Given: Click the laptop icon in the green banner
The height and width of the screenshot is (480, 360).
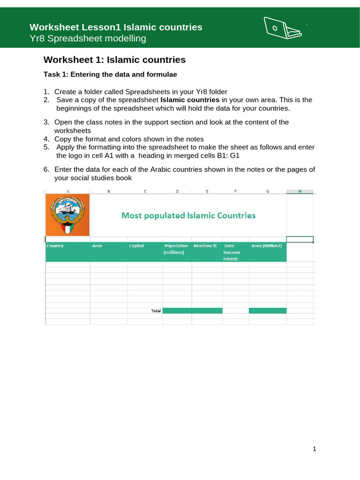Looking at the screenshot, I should coord(283,29).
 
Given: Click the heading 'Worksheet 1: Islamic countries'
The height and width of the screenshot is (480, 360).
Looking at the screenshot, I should coord(114,60).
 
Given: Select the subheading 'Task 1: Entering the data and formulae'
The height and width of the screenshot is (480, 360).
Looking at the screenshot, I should coord(110,74).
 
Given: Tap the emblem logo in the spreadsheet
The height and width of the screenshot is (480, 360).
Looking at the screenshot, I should coord(67,216).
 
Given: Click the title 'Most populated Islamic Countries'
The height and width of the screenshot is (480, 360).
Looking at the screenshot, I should coord(188,216).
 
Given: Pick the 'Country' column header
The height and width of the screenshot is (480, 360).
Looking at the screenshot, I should coord(55,246).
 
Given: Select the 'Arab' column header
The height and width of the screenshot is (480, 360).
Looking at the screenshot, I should coord(97,246).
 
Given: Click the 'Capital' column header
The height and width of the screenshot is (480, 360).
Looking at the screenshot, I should coord(136,246).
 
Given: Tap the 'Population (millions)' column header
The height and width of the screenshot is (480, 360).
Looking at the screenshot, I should coord(176,248).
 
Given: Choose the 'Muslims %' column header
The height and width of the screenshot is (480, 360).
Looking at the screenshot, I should coord(205,246).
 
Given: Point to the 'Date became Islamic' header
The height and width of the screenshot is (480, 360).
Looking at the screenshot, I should coord(232,252).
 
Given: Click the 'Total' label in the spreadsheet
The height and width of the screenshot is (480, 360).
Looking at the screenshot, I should coord(156,311).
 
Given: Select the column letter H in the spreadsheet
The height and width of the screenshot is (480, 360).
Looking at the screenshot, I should coord(300,191).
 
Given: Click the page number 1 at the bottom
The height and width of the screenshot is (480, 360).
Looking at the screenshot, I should coord(315,449).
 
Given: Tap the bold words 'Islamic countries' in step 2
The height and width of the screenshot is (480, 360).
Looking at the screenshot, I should coord(190,100).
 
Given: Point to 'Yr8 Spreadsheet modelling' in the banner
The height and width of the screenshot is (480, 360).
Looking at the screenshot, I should coord(88,38).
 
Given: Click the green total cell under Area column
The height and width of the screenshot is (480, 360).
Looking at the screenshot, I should coord(267,311).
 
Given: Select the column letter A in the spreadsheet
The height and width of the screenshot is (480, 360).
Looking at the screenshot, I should coord(67,191).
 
